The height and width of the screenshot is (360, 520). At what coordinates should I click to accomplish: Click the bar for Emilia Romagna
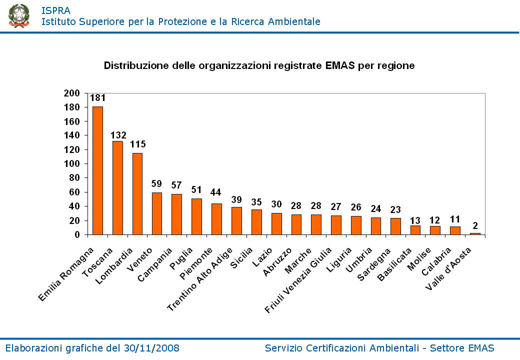coord(97,170)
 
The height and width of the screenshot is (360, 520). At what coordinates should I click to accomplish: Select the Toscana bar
coord(117,187)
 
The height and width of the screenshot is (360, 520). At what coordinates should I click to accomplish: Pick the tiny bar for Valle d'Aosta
coord(475,233)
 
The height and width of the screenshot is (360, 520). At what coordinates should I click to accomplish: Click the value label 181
coord(97,98)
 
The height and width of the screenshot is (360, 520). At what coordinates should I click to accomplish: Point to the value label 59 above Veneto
coord(157,184)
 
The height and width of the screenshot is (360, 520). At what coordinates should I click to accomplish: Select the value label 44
coord(216,192)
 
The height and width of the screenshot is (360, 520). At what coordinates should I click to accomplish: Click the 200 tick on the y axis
coord(72,93)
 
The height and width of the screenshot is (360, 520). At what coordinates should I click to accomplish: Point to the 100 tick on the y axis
coord(72,164)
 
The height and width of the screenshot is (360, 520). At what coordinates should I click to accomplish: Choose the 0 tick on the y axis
coord(77,234)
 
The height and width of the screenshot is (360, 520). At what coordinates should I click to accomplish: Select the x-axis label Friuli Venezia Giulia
coord(298,280)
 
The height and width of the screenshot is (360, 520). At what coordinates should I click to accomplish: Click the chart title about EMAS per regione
coord(259,65)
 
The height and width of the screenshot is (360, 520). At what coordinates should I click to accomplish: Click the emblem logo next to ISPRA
coord(18,15)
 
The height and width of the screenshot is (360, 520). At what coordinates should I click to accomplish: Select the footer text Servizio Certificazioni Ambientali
coord(340,348)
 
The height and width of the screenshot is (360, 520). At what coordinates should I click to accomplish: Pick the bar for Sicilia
coord(256,222)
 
